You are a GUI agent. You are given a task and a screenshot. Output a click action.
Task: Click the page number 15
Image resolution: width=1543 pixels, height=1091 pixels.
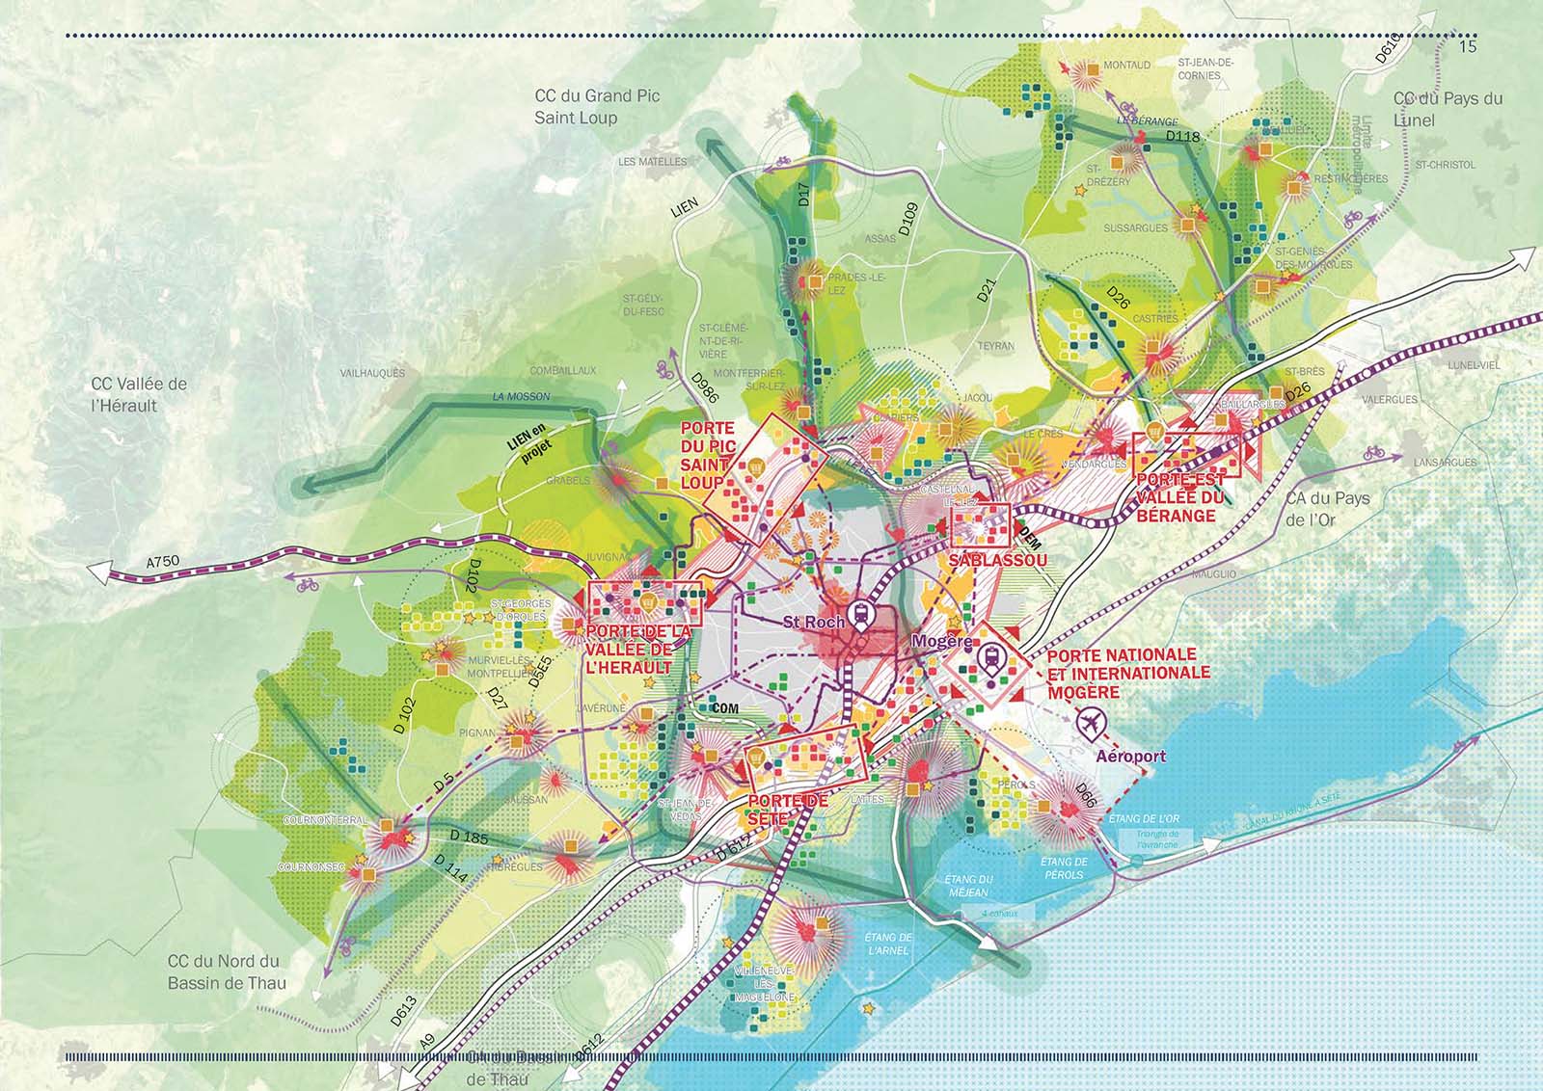pos(1470,46)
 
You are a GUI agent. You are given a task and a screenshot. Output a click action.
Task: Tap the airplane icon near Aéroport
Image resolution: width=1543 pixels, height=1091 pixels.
pos(1092,720)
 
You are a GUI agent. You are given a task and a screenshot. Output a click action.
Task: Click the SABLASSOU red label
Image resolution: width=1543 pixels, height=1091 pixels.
pos(996,560)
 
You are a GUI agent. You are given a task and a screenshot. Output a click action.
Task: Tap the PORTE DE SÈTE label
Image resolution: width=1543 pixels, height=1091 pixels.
pos(787,810)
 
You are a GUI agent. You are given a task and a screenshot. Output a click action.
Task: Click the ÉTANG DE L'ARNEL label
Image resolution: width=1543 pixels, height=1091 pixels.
pos(889,944)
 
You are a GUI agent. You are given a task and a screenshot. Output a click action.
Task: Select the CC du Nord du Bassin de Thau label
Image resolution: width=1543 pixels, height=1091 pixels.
pos(223,970)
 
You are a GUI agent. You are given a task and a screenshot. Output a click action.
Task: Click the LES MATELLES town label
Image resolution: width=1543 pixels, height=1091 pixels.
pos(653,162)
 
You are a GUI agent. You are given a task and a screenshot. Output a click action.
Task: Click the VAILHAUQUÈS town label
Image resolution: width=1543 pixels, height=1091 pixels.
pos(373,372)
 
